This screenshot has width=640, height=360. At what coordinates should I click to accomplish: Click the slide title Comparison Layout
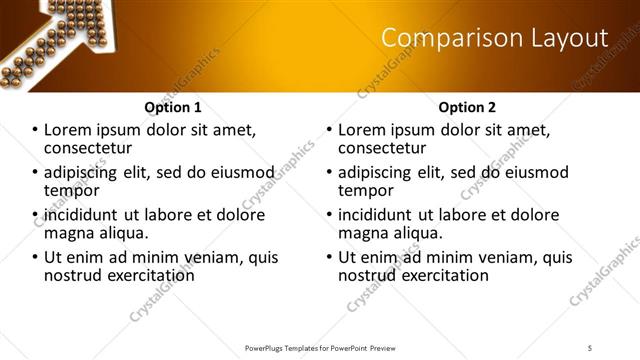pos(495,38)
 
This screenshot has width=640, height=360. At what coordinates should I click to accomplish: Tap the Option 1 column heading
pos(172,107)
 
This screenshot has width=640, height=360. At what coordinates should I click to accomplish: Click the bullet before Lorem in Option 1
pos(35,130)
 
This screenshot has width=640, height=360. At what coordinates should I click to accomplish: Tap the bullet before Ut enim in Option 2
pos(331,257)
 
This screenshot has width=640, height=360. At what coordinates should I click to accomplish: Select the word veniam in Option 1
pos(222,257)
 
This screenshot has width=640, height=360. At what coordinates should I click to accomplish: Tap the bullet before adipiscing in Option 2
pos(331,172)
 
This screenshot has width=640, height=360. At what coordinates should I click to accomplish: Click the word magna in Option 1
pos(68,233)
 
